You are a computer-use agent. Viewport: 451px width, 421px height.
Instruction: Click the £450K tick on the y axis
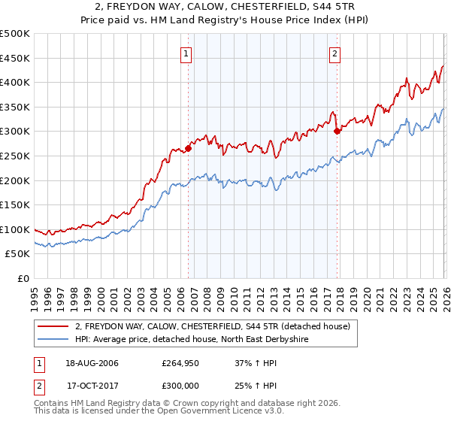[14, 58]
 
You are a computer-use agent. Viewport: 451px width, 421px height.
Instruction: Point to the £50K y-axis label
[17, 254]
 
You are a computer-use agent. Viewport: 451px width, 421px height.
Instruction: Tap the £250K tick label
[14, 156]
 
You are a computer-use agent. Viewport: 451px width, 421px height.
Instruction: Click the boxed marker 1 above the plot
[185, 53]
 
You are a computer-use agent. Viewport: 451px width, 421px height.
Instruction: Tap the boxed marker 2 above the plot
[334, 53]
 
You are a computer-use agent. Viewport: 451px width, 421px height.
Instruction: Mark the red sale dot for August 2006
[189, 148]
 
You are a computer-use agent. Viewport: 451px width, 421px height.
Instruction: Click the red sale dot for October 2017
[337, 131]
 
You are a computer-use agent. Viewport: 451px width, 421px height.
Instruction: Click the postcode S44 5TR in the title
[336, 8]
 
